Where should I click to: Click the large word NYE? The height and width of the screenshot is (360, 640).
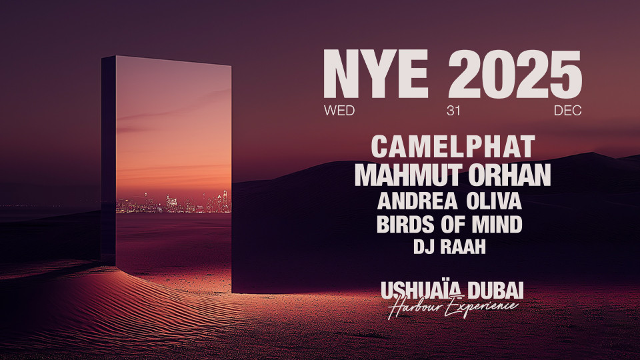click(375, 76)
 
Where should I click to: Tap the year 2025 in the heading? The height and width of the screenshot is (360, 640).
click(515, 76)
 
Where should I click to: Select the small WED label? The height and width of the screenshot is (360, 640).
click(339, 111)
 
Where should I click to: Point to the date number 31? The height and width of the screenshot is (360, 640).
click(453, 111)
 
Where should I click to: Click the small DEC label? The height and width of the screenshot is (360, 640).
click(567, 111)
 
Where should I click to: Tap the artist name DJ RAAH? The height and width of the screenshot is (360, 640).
click(449, 247)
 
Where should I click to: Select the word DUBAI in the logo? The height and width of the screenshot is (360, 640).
click(495, 290)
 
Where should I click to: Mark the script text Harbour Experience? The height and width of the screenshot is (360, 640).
click(453, 306)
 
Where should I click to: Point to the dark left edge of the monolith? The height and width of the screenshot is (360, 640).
click(109, 160)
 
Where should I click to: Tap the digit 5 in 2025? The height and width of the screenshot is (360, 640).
click(564, 76)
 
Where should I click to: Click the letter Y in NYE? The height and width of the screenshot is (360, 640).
click(376, 76)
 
